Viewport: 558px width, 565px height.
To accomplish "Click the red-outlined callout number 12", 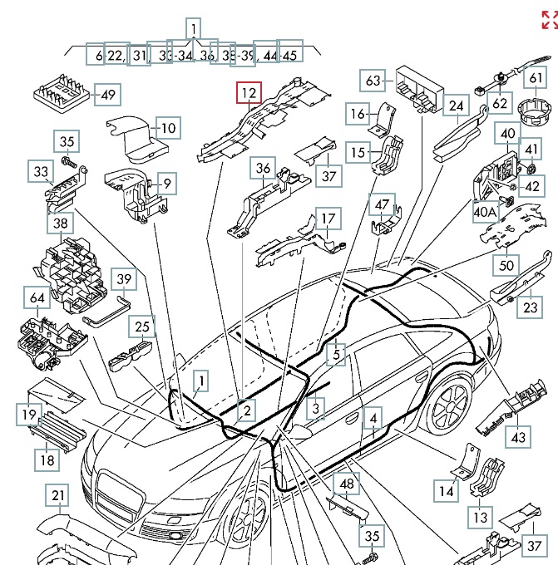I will (249, 93).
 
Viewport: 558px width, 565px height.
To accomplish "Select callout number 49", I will (107, 94).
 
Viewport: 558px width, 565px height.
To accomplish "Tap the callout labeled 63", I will (373, 81).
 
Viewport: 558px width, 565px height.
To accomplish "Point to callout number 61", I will (536, 79).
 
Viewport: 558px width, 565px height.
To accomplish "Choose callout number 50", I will (506, 265).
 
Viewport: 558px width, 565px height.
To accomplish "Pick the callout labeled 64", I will (38, 299).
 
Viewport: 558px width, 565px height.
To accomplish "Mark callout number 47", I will (382, 205).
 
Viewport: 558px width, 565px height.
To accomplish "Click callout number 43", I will (518, 437).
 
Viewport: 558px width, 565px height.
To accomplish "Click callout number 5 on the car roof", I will (336, 355).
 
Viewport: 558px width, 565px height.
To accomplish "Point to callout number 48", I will (346, 484).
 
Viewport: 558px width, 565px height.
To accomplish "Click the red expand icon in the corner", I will (549, 19).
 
